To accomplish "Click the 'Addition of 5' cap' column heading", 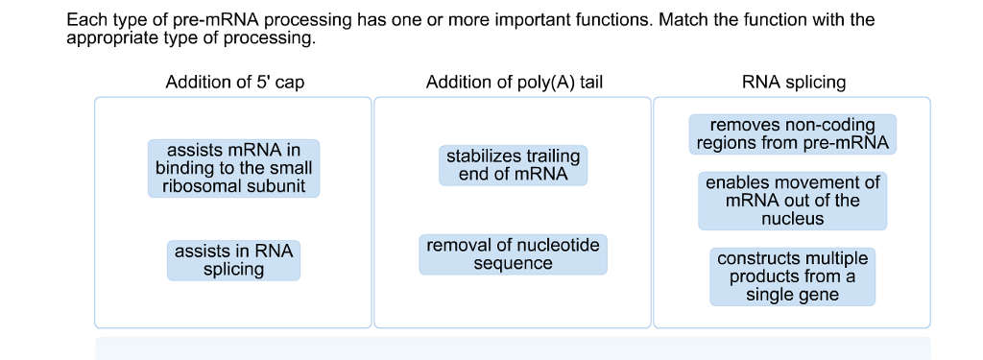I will [234, 83].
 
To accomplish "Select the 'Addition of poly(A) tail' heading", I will [514, 83].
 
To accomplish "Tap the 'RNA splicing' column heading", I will [793, 83].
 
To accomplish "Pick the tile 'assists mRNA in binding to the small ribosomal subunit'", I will [233, 168].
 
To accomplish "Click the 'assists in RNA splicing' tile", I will [233, 260].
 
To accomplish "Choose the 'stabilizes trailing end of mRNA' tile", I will [513, 165].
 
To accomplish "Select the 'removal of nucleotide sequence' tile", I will [513, 254].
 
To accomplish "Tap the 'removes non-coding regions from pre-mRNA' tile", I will [792, 134].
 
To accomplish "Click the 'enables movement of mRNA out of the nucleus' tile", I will [792, 201].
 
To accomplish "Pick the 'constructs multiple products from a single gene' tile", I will [792, 276].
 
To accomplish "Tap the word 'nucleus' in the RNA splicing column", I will [792, 219].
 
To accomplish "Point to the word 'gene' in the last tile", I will [819, 295].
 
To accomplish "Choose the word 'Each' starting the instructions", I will [84, 20].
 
